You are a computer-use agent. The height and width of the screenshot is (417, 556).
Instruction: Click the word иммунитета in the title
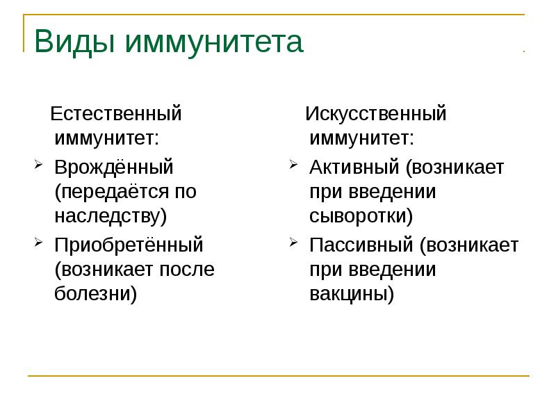click(x=214, y=42)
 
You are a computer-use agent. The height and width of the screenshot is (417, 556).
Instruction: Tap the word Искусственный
click(x=376, y=113)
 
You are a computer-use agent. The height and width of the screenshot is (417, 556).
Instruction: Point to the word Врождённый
click(x=114, y=167)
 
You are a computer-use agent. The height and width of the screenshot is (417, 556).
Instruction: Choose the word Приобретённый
click(x=129, y=245)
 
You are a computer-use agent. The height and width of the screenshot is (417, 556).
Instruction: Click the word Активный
click(x=354, y=167)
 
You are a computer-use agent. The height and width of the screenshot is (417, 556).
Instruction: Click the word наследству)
click(x=111, y=215)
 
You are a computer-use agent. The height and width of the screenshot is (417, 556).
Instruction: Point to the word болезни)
click(x=96, y=293)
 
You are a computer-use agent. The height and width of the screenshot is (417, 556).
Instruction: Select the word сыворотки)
click(x=361, y=215)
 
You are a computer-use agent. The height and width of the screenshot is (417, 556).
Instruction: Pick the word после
click(x=189, y=269)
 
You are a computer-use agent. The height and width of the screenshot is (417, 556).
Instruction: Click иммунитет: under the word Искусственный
click(x=361, y=137)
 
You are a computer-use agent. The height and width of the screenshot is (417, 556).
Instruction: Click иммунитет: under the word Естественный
click(x=106, y=137)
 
